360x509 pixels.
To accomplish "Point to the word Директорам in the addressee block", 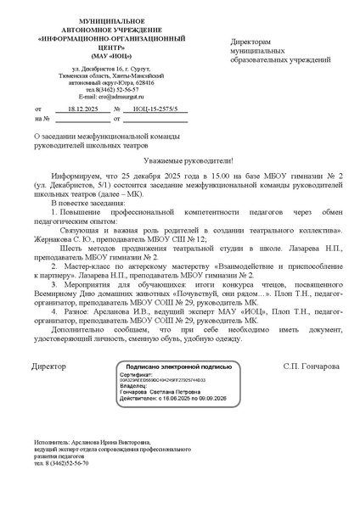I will pos(251,41).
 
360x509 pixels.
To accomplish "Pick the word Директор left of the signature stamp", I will pos(48,366).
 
